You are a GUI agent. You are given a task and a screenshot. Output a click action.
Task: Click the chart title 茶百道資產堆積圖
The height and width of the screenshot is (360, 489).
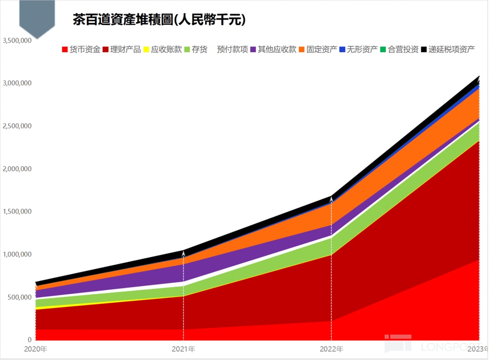point(159,20)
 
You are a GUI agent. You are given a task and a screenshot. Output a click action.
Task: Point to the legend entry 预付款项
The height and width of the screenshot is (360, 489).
point(232,49)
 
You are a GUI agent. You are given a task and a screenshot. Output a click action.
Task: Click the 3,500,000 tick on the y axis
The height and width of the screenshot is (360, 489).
point(17,40)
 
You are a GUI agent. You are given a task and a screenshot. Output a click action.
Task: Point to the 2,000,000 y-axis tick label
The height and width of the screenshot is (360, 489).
point(17,169)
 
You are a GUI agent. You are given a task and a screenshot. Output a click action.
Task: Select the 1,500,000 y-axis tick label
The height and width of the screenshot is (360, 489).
point(17,212)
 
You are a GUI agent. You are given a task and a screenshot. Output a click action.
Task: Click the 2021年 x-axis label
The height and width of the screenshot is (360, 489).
point(183,349)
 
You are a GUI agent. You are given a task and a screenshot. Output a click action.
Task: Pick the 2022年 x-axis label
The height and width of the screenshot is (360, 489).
point(331,349)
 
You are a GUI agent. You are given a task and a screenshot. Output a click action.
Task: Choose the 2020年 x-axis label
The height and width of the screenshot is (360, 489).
point(35,349)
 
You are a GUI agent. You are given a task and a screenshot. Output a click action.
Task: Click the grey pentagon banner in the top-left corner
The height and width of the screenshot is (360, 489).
point(37,17)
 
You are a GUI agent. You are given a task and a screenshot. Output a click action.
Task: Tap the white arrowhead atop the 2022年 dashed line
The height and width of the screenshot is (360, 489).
point(331,199)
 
